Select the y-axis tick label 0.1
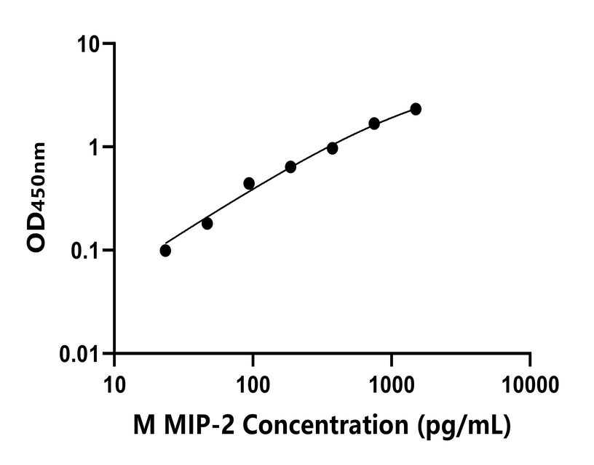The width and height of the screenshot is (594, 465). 90,251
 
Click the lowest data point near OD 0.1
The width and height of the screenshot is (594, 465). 165,251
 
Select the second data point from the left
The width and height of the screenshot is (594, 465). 207,223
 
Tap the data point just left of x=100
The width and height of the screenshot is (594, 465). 249,183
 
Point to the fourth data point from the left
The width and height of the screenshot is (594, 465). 290,166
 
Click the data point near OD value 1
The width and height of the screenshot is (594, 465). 332,148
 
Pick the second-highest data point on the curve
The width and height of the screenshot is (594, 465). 374,124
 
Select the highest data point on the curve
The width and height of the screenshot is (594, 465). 416,109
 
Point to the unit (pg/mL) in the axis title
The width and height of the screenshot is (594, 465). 464,426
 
